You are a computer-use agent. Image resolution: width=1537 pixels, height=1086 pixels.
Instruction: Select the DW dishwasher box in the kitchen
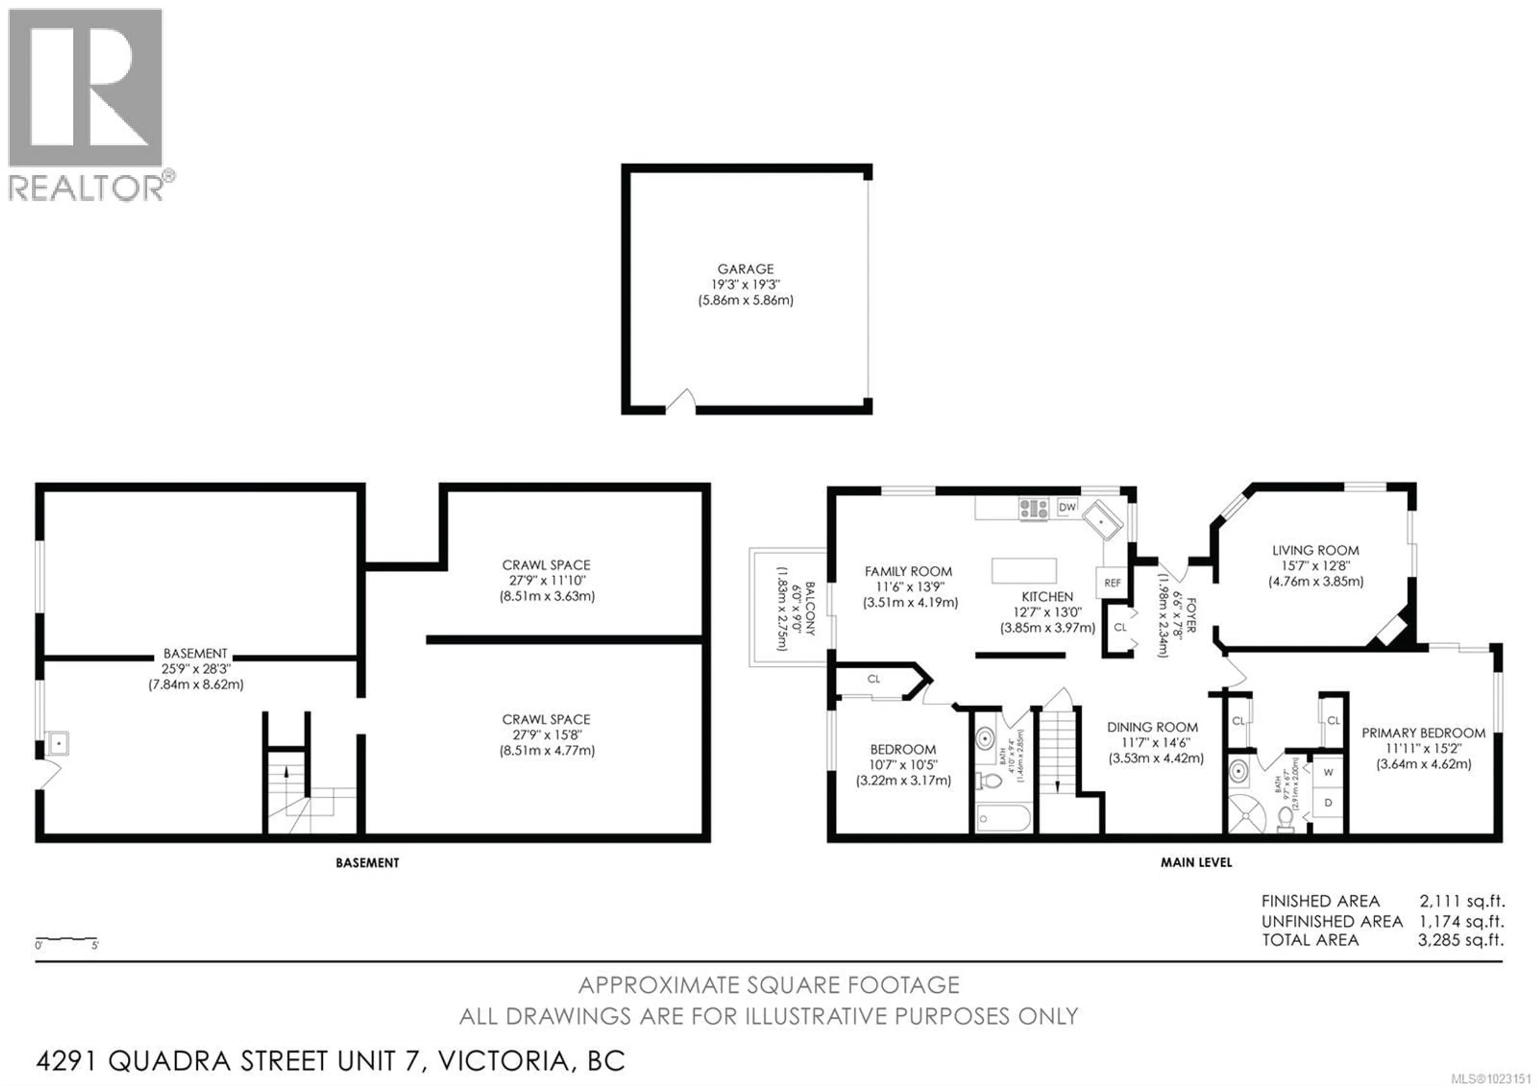pos(1067,507)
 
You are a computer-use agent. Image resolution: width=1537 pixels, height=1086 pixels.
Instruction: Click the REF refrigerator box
pos(1112,583)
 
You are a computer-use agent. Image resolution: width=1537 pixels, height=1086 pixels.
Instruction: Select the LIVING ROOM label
pos(1315,550)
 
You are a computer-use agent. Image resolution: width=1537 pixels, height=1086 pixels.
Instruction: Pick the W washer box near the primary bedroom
pos(1328,772)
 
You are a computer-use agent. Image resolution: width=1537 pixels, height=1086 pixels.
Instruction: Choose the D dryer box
pos(1328,802)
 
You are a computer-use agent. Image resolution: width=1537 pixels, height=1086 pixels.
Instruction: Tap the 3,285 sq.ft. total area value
pos(1461,940)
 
